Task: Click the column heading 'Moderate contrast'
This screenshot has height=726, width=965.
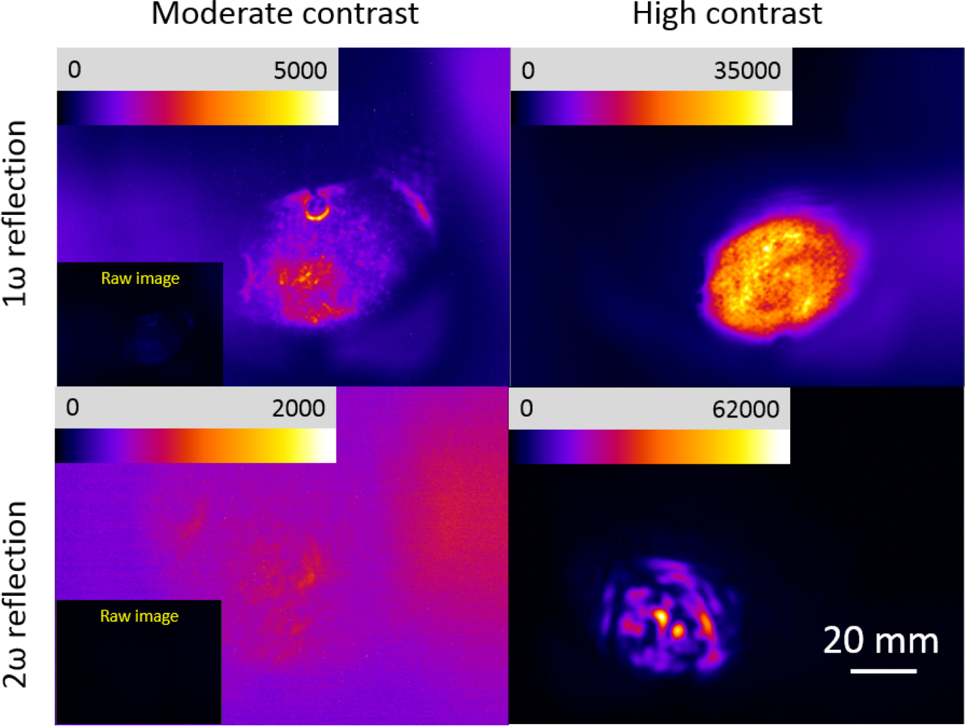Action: tap(284, 14)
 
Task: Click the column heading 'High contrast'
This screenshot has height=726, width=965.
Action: tap(727, 14)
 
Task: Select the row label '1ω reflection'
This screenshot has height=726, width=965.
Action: tap(15, 212)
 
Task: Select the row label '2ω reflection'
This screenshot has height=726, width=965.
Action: tap(15, 593)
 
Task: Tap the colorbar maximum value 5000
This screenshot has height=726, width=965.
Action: tap(300, 70)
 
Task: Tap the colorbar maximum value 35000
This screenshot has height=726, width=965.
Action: tap(747, 70)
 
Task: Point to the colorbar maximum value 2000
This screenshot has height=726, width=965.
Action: tap(298, 408)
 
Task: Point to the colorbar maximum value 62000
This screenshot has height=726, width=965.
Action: tap(746, 409)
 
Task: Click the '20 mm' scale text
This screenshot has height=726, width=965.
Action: tap(881, 641)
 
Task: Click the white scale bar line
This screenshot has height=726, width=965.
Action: tap(883, 671)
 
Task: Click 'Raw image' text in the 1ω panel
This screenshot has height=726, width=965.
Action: tap(140, 279)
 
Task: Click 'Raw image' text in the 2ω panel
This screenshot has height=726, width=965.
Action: tap(139, 617)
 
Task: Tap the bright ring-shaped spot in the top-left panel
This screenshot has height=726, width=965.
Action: tap(316, 208)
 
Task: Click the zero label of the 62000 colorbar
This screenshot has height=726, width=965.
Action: tap(526, 409)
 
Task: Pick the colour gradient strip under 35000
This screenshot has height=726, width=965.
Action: tap(651, 108)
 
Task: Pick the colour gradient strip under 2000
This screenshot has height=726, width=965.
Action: tap(196, 445)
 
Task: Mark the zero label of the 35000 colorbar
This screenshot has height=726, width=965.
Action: tap(528, 70)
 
